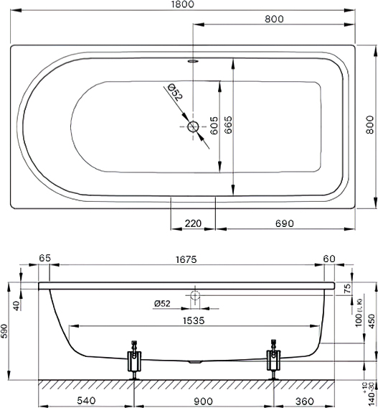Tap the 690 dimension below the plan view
(x=285, y=223)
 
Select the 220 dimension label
(x=193, y=223)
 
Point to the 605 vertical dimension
(x=214, y=126)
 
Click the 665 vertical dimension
(x=228, y=125)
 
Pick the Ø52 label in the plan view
(x=175, y=92)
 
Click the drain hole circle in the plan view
(x=193, y=126)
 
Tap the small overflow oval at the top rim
(x=193, y=61)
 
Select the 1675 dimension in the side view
(x=186, y=259)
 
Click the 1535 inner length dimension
(x=194, y=320)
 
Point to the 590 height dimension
(x=4, y=331)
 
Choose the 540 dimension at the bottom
(x=87, y=400)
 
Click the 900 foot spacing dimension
(x=203, y=401)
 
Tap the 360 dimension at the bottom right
(x=304, y=401)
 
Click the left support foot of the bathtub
(x=134, y=361)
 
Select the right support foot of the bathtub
(x=273, y=361)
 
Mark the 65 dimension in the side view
(x=45, y=259)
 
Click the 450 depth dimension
(x=372, y=321)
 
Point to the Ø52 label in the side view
(x=162, y=303)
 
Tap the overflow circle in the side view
(x=195, y=295)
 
